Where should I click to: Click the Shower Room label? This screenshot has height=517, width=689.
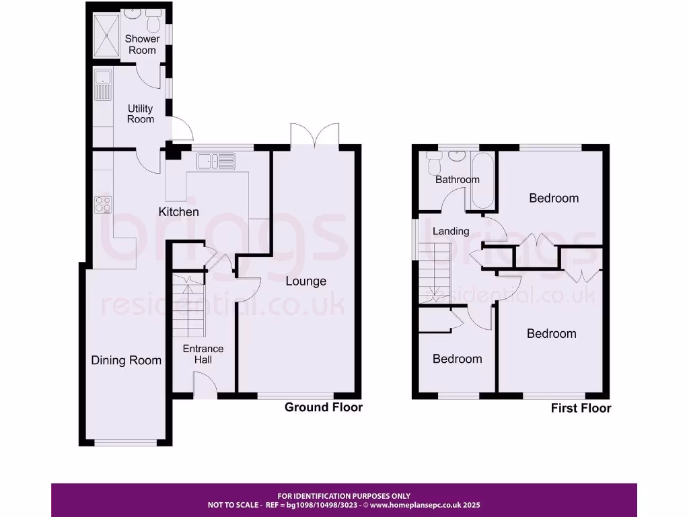[141, 44]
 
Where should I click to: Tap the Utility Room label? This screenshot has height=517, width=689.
[141, 114]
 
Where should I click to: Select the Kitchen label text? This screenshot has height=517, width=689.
[178, 212]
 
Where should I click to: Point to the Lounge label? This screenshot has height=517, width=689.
[305, 281]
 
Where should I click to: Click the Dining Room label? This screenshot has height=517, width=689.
[126, 360]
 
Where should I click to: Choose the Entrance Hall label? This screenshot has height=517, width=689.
[203, 354]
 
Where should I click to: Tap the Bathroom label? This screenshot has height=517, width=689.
[458, 179]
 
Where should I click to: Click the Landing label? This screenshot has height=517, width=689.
[451, 231]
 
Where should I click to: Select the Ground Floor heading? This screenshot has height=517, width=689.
[324, 407]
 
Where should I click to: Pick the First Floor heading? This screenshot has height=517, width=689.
[581, 408]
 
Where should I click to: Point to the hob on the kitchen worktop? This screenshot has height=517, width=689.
[102, 203]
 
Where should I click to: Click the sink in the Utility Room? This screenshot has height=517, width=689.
[103, 84]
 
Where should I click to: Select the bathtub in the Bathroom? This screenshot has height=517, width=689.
[482, 180]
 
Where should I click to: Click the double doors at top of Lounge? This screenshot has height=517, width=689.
[314, 134]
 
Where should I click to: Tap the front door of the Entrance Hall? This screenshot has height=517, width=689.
[205, 385]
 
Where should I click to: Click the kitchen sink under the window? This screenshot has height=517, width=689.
[214, 162]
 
